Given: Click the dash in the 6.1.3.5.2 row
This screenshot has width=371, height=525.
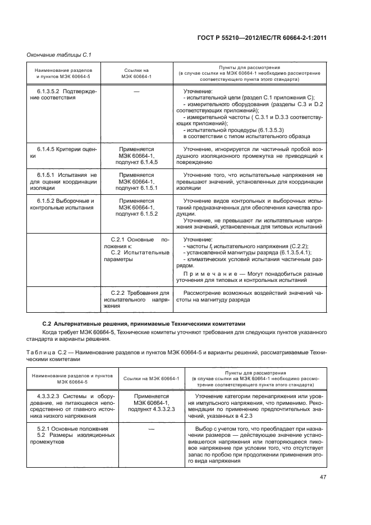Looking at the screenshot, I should point(136,91).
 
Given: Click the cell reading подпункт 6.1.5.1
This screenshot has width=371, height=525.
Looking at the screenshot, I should point(136,189).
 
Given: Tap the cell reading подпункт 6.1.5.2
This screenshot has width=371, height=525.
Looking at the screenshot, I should point(136,214).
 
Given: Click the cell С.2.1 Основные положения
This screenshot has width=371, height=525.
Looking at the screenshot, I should point(136,243).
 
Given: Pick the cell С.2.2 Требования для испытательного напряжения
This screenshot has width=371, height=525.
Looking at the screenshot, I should point(136,300).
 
